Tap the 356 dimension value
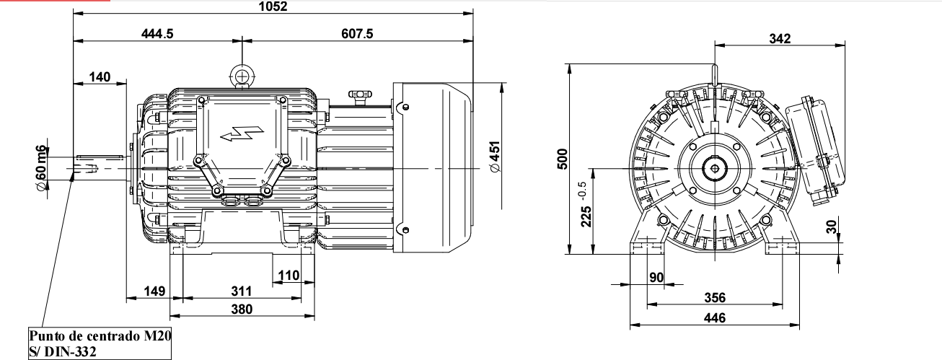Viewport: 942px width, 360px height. [x=714, y=298]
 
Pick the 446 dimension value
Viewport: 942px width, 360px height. [x=714, y=318]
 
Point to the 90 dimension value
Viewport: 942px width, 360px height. [x=656, y=278]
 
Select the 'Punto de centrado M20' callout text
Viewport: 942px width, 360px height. [x=100, y=337]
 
